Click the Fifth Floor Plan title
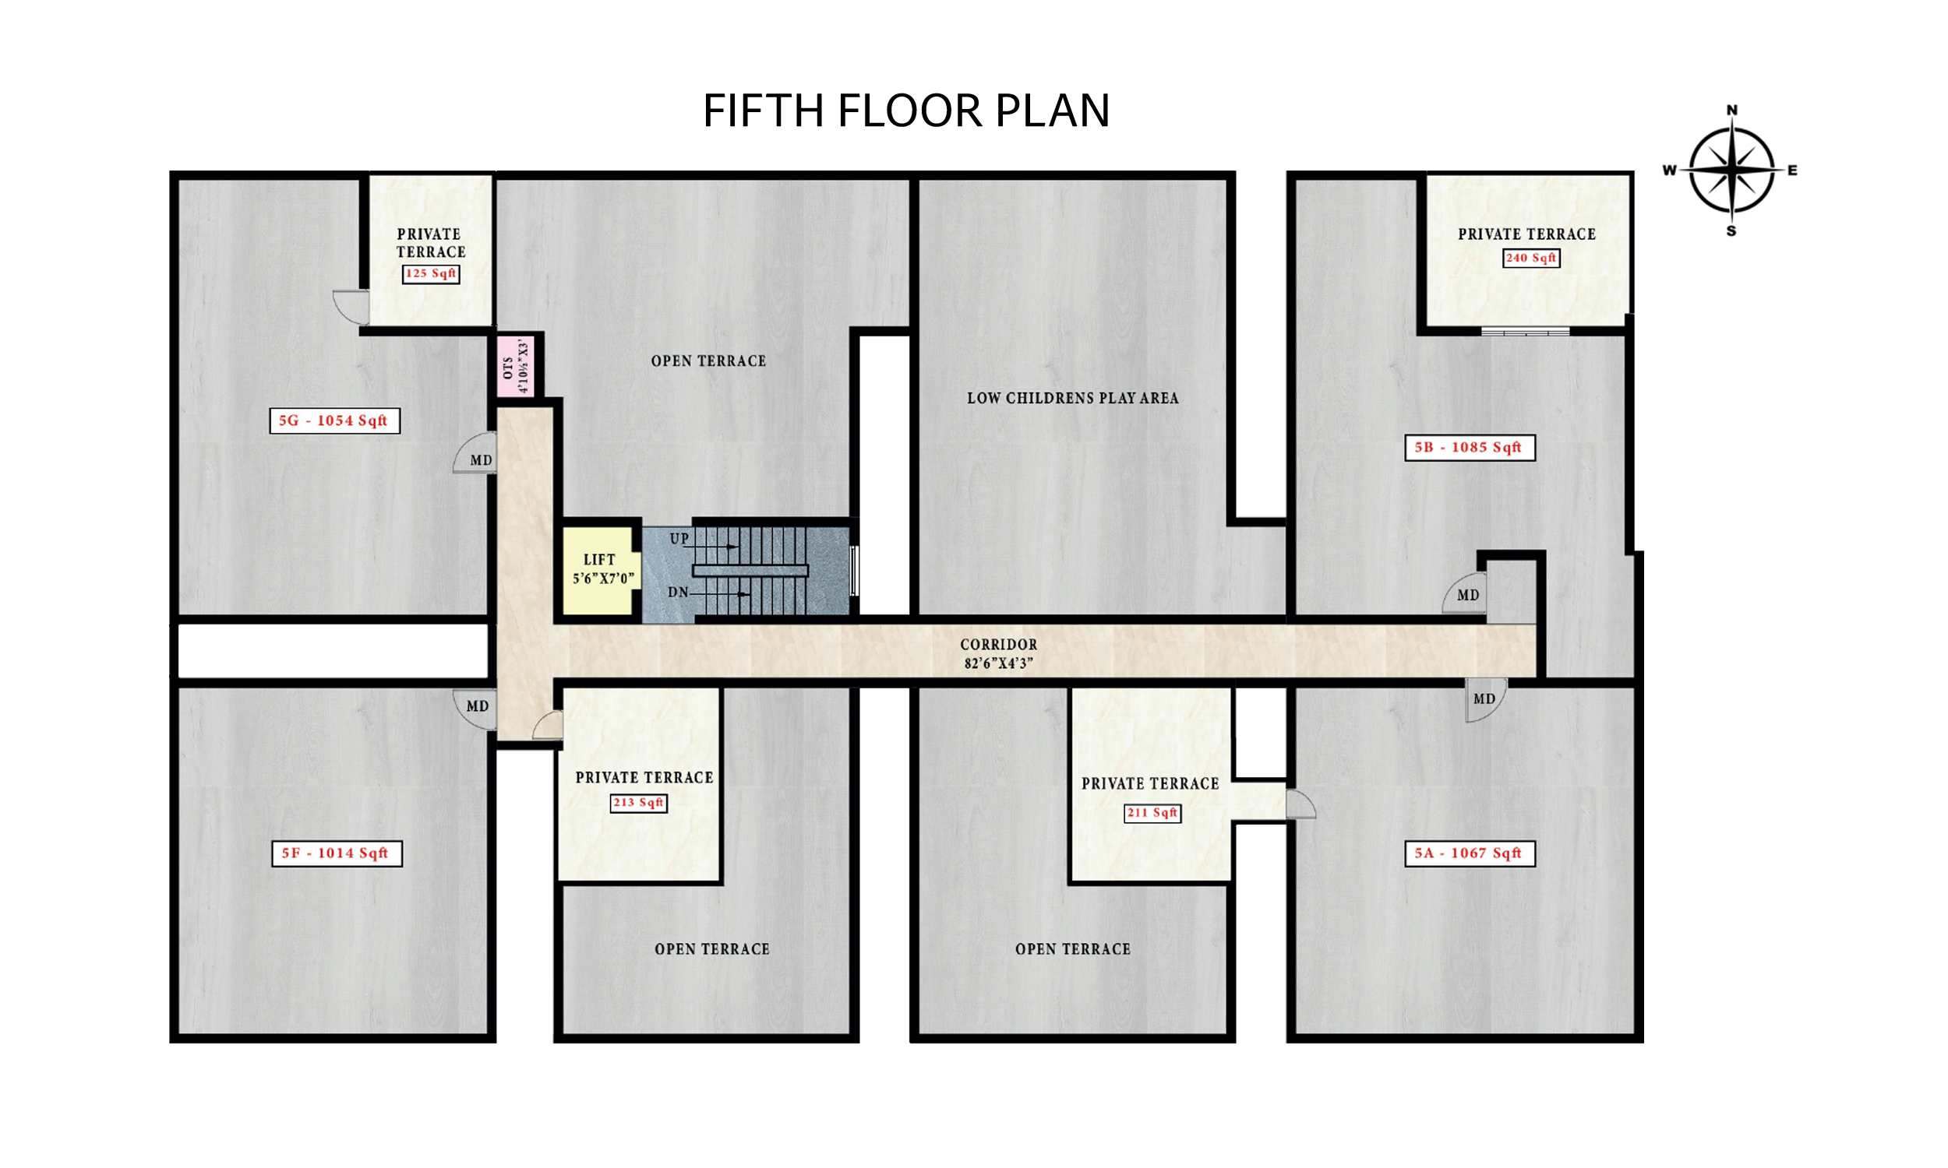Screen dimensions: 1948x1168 click(x=906, y=111)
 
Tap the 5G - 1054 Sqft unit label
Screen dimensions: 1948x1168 click(x=334, y=420)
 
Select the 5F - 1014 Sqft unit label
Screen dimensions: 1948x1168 click(x=337, y=853)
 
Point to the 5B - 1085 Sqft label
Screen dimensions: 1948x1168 click(x=1470, y=447)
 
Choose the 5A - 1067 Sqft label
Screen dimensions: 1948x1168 click(x=1470, y=853)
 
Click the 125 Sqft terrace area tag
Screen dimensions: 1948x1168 click(x=431, y=273)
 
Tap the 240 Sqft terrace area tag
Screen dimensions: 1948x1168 click(x=1530, y=258)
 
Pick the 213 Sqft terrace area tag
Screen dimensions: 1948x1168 click(x=639, y=803)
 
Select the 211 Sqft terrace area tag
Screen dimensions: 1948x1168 click(x=1152, y=812)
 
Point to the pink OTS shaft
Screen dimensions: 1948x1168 click(x=516, y=368)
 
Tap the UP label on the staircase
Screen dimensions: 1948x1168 click(x=679, y=539)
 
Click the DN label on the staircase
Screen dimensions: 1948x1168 click(x=678, y=593)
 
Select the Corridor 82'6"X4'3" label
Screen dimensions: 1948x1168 click(x=998, y=653)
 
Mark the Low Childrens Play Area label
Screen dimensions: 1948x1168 click(x=1072, y=398)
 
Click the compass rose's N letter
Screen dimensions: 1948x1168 click(x=1731, y=111)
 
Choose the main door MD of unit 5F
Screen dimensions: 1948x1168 click(x=475, y=707)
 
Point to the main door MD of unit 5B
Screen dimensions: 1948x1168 click(x=1465, y=595)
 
